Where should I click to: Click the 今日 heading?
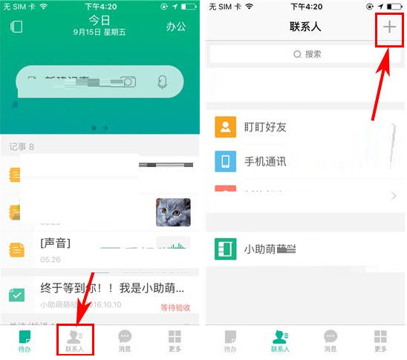(x=100, y=19)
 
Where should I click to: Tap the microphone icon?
(x=163, y=81)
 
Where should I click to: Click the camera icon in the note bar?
(x=129, y=81)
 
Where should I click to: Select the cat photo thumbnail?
(x=172, y=212)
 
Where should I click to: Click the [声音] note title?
(x=56, y=243)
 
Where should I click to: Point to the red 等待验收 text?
(x=175, y=307)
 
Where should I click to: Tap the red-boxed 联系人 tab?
(x=76, y=340)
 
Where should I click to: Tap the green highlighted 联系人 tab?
(x=280, y=340)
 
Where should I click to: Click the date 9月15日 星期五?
(x=100, y=33)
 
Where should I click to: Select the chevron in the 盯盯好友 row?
(x=394, y=127)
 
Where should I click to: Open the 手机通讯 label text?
(x=265, y=161)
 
